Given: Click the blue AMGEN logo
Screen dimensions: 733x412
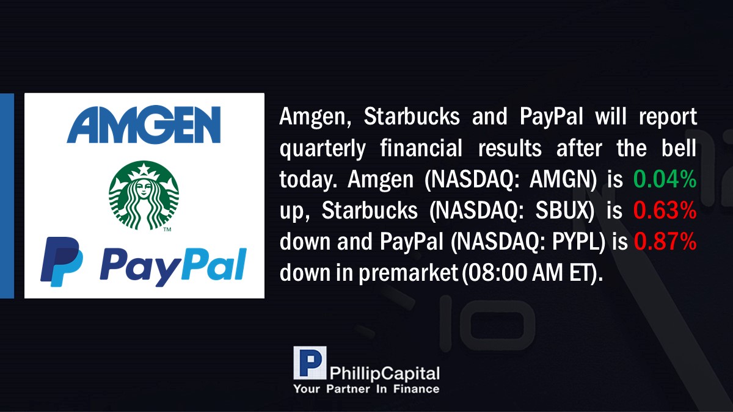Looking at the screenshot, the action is [x=144, y=125].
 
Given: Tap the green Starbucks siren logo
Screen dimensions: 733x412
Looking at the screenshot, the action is [x=144, y=195].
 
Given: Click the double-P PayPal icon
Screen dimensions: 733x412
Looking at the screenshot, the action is [x=62, y=262].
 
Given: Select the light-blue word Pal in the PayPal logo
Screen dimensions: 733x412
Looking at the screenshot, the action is [x=213, y=264].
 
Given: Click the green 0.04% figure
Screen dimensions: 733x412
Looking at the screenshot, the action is [x=665, y=179].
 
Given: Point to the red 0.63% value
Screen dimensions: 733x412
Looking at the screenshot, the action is [x=665, y=210].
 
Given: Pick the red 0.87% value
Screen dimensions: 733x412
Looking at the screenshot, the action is [x=665, y=241].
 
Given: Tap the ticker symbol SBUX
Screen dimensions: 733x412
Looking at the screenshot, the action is [x=562, y=210].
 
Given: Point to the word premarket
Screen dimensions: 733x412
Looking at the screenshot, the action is [x=408, y=273].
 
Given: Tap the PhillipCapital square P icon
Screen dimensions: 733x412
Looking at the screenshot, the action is [x=310, y=363].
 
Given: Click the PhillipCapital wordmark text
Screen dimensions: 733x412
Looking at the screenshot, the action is [x=384, y=374].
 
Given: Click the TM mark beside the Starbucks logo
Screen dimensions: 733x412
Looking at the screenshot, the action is [x=167, y=229].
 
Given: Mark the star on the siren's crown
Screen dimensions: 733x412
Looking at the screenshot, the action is [x=144, y=169].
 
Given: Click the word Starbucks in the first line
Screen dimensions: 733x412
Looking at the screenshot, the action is [x=412, y=117].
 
